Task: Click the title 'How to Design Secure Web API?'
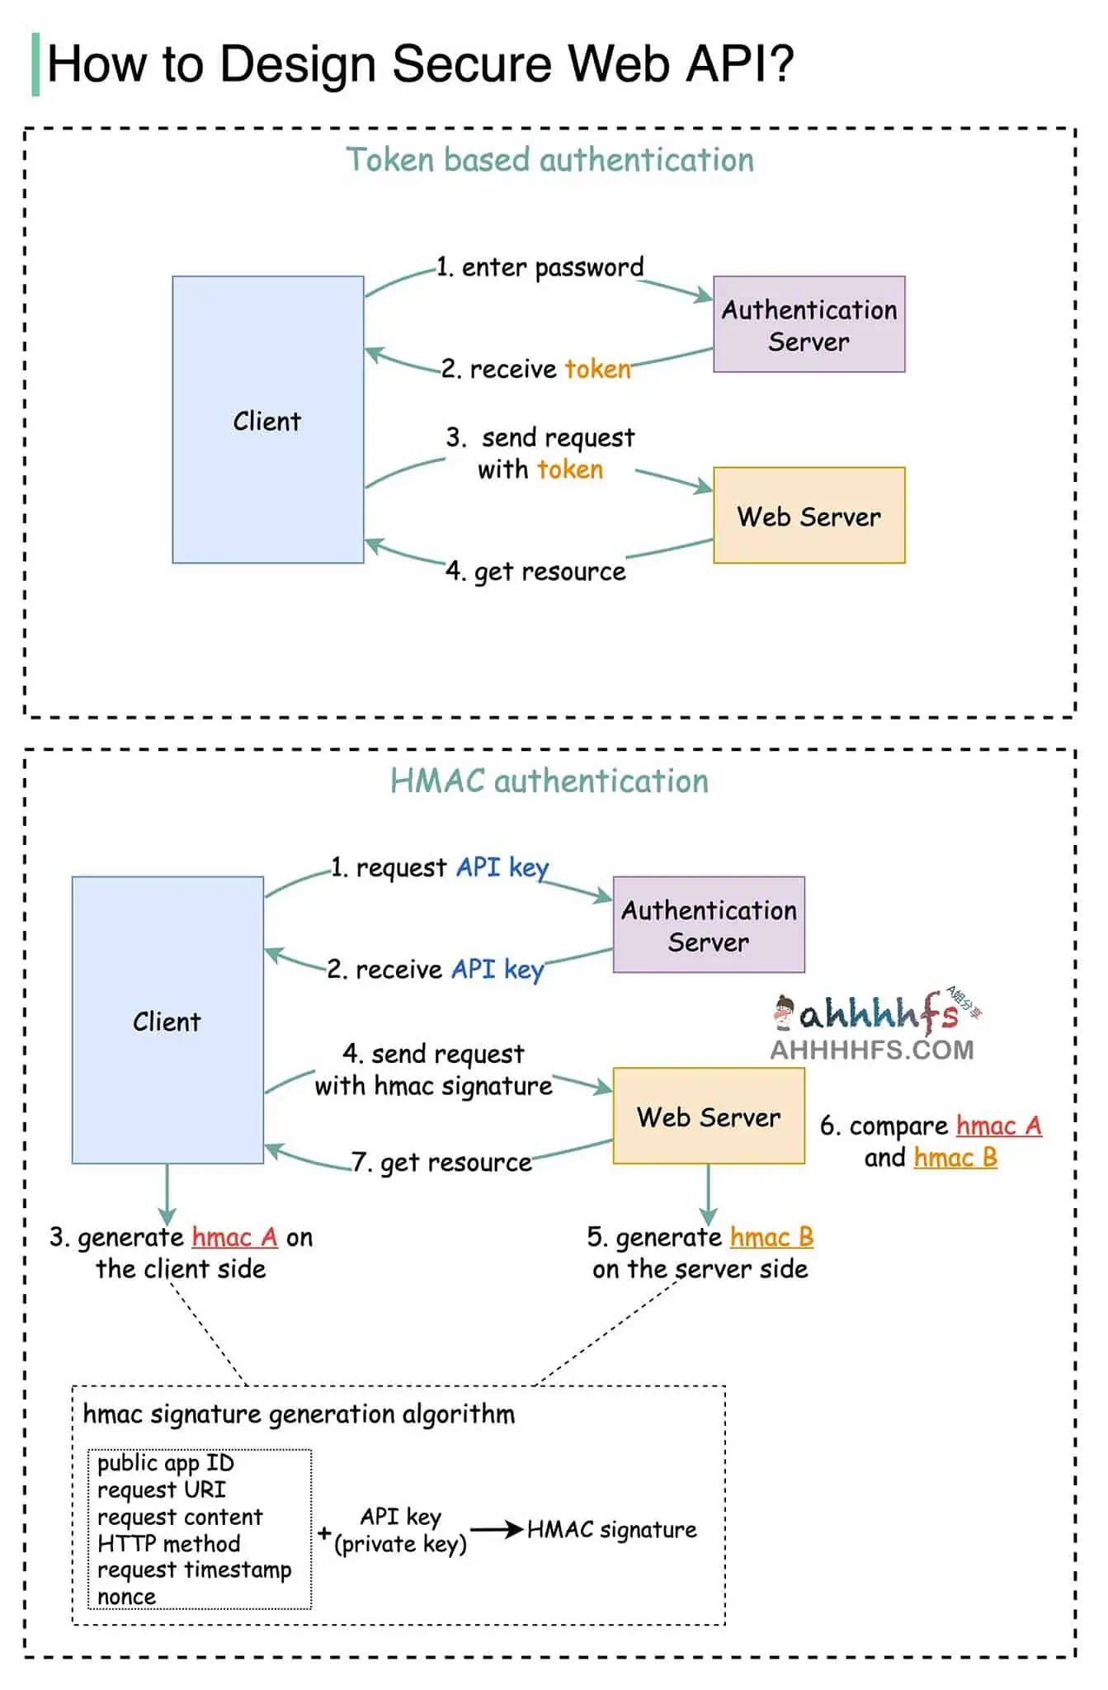point(420,64)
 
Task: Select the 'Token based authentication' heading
point(549,160)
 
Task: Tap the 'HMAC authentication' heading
point(549,781)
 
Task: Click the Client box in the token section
point(267,420)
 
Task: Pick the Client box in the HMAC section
point(167,1021)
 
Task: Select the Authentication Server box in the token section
point(809,324)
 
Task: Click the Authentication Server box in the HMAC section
point(709,925)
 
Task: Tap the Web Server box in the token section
point(809,516)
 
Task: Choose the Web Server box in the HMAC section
point(709,1116)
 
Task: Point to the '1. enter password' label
point(540,267)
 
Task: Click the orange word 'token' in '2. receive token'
point(597,368)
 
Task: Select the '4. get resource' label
point(535,571)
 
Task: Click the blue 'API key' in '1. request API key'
point(502,867)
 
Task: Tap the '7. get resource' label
point(442,1162)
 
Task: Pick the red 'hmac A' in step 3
point(234,1237)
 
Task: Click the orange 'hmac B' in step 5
point(771,1237)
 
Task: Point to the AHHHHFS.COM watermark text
point(872,1050)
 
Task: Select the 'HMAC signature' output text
point(611,1529)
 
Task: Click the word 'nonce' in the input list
point(126,1597)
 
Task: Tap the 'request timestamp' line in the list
point(194,1570)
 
